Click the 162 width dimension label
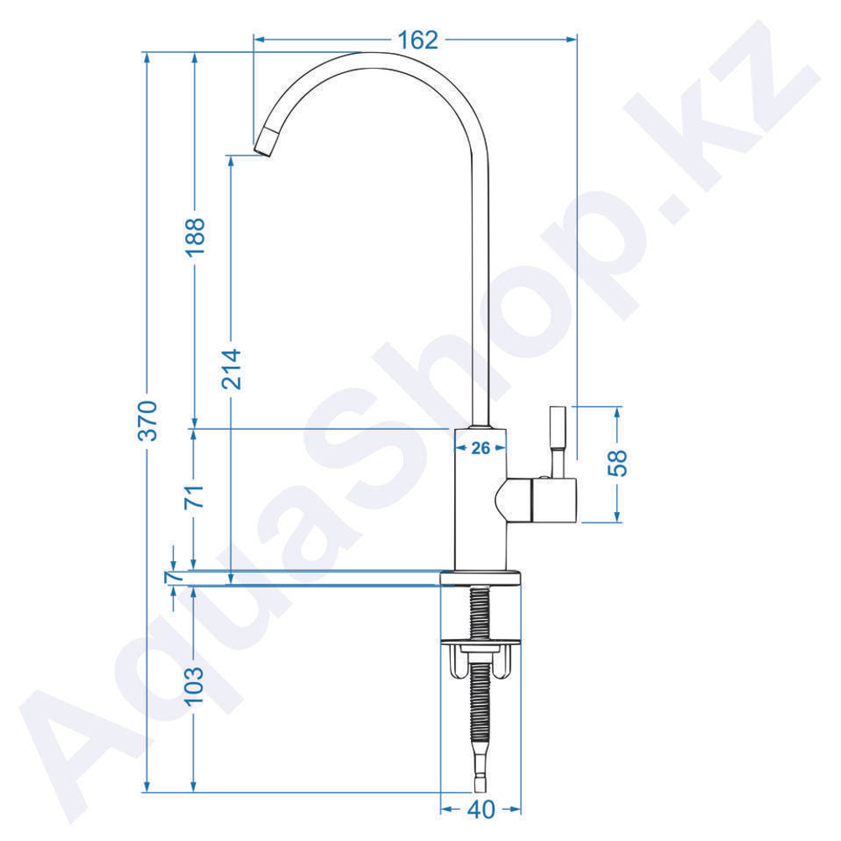[418, 40]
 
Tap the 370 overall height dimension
[148, 420]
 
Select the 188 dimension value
[196, 238]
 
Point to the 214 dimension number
[232, 369]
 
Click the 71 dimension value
[196, 497]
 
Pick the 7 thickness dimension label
[174, 578]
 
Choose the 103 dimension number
[194, 686]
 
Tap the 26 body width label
[480, 448]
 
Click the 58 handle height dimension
[618, 463]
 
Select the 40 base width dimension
[480, 810]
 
